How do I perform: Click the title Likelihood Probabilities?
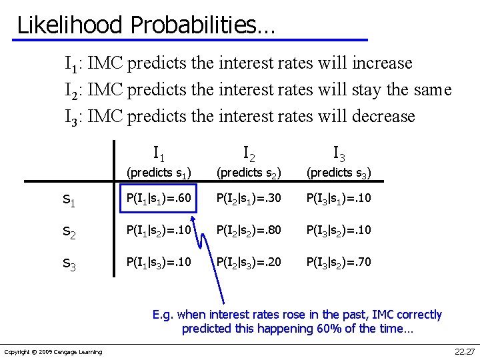point(145,25)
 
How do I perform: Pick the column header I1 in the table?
point(159,153)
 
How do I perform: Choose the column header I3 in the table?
point(339,154)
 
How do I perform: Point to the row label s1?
point(69,199)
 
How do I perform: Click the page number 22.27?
point(463,351)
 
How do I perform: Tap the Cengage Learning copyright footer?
point(53,352)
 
